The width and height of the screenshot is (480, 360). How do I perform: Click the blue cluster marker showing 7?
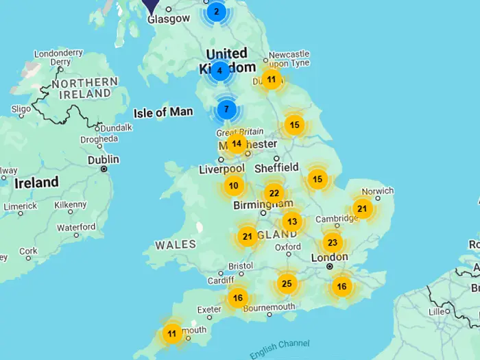(x=227, y=109)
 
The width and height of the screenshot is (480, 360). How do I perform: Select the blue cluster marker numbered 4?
(x=219, y=70)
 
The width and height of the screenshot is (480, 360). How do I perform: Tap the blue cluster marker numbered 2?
(x=217, y=11)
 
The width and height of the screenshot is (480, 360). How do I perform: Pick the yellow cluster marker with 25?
(x=287, y=283)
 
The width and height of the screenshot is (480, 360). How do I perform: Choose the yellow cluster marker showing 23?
(x=333, y=243)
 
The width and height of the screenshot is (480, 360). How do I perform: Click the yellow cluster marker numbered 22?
(x=274, y=193)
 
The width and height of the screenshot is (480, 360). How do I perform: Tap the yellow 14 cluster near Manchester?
(x=237, y=144)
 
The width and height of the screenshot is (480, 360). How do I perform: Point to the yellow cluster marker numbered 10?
(x=234, y=186)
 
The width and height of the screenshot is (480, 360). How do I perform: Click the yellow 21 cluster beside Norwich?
(x=362, y=209)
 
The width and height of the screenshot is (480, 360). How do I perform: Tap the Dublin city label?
(x=103, y=159)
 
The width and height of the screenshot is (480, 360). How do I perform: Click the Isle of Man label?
(x=164, y=112)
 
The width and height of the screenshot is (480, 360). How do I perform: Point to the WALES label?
(x=176, y=245)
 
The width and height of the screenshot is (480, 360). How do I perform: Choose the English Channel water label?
(x=279, y=348)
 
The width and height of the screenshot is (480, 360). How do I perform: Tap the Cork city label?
(x=28, y=251)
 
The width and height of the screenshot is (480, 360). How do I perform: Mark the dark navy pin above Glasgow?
(x=151, y=3)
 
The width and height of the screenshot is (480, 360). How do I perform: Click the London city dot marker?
(x=330, y=266)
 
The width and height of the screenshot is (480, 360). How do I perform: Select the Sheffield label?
(x=276, y=167)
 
